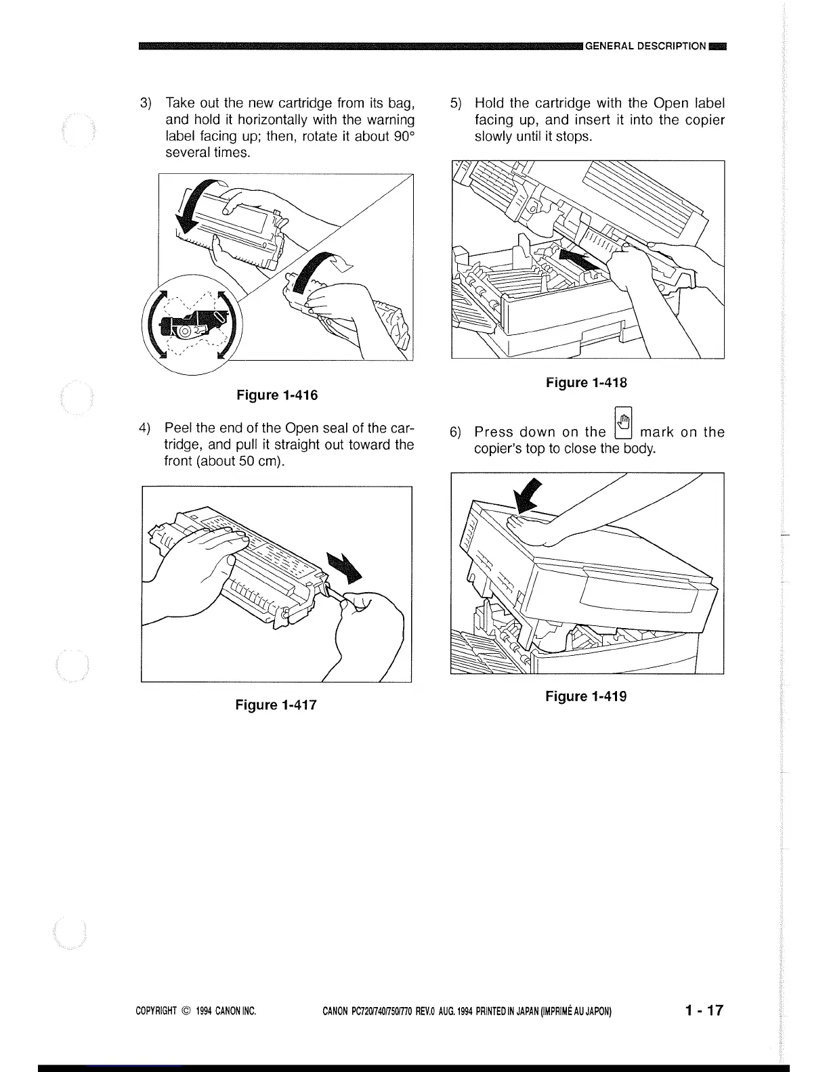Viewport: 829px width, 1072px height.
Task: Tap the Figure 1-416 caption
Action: [276, 395]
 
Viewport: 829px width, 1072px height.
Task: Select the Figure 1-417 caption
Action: [276, 705]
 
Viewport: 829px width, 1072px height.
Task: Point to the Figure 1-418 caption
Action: [587, 383]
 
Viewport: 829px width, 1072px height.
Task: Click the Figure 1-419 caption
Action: [587, 696]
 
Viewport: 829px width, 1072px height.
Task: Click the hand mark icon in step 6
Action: [622, 422]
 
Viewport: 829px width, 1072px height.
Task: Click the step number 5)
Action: [456, 104]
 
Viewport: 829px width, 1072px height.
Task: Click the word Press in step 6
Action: [494, 432]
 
